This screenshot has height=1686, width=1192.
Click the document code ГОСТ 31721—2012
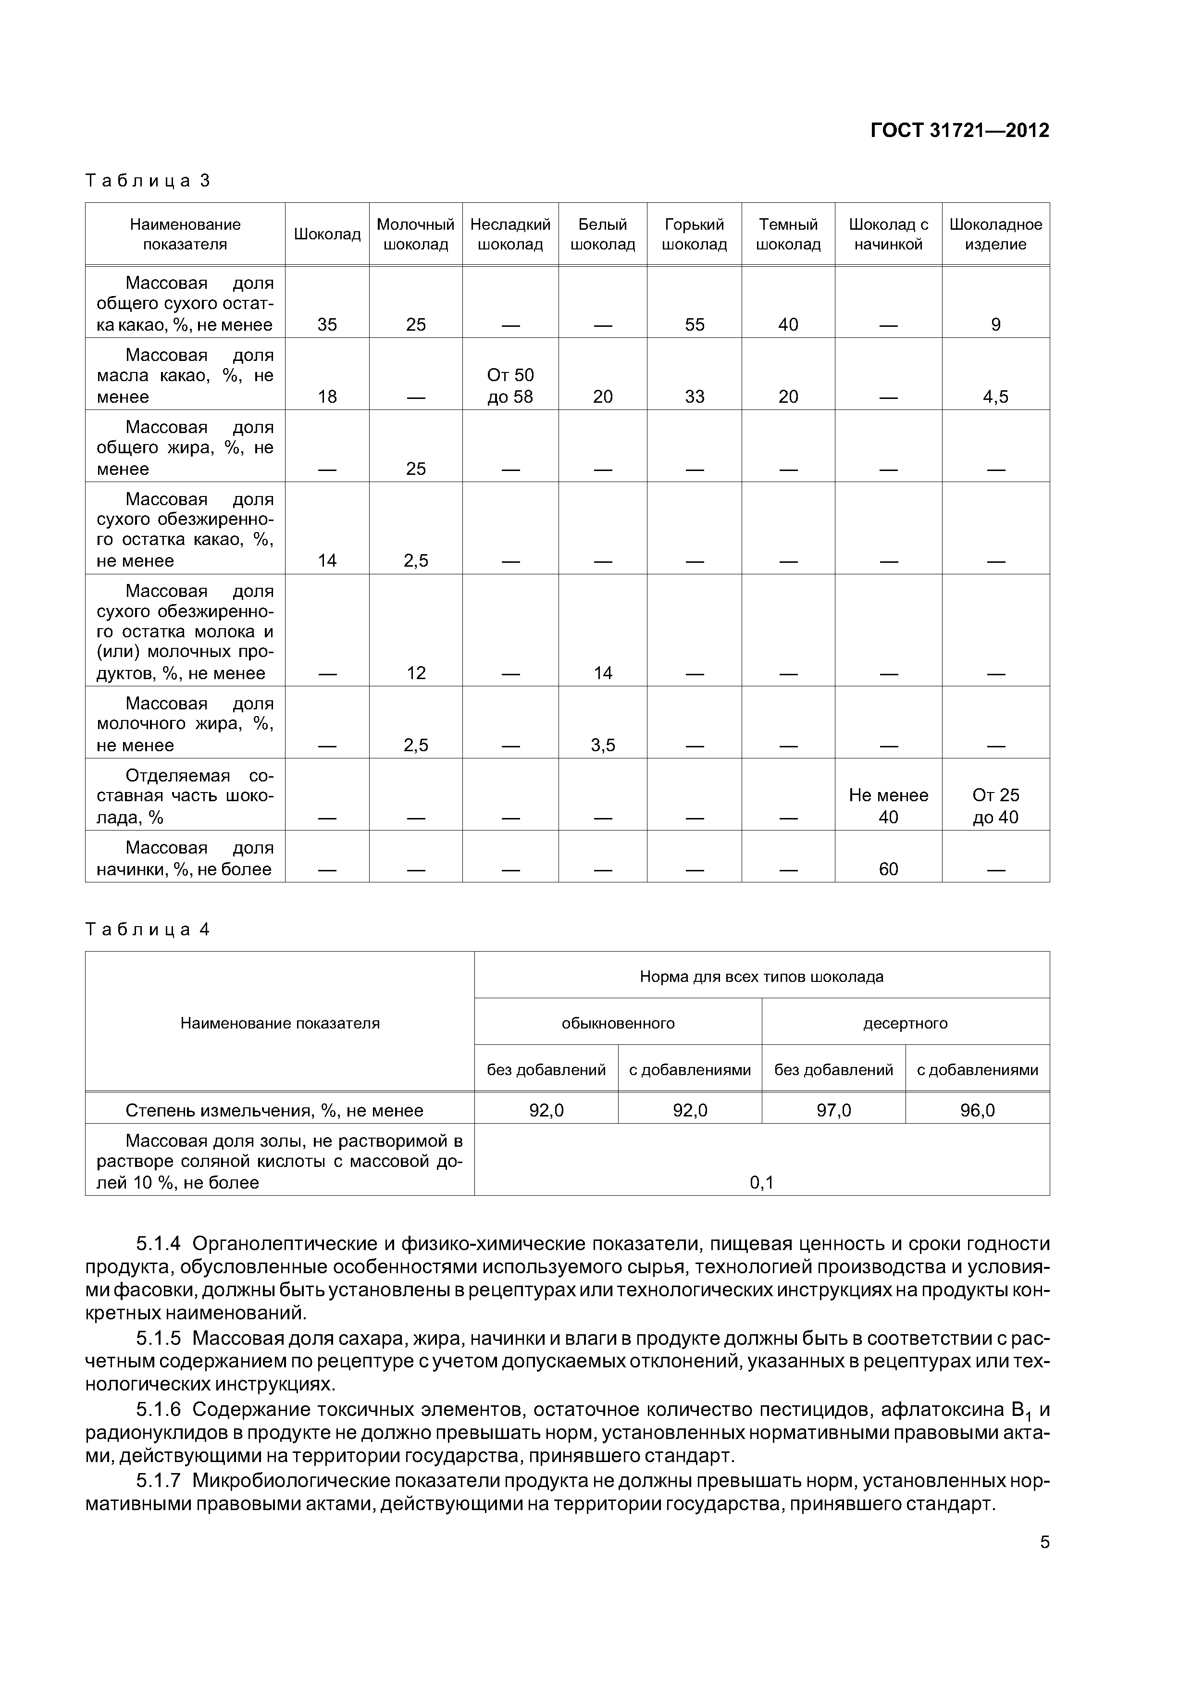pos(959,131)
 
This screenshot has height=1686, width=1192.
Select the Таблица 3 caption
pos(148,181)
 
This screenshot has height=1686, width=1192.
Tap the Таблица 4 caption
pos(148,930)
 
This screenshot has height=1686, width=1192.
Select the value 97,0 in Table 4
pos(833,1110)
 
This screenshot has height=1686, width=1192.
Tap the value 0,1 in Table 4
pos(762,1182)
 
